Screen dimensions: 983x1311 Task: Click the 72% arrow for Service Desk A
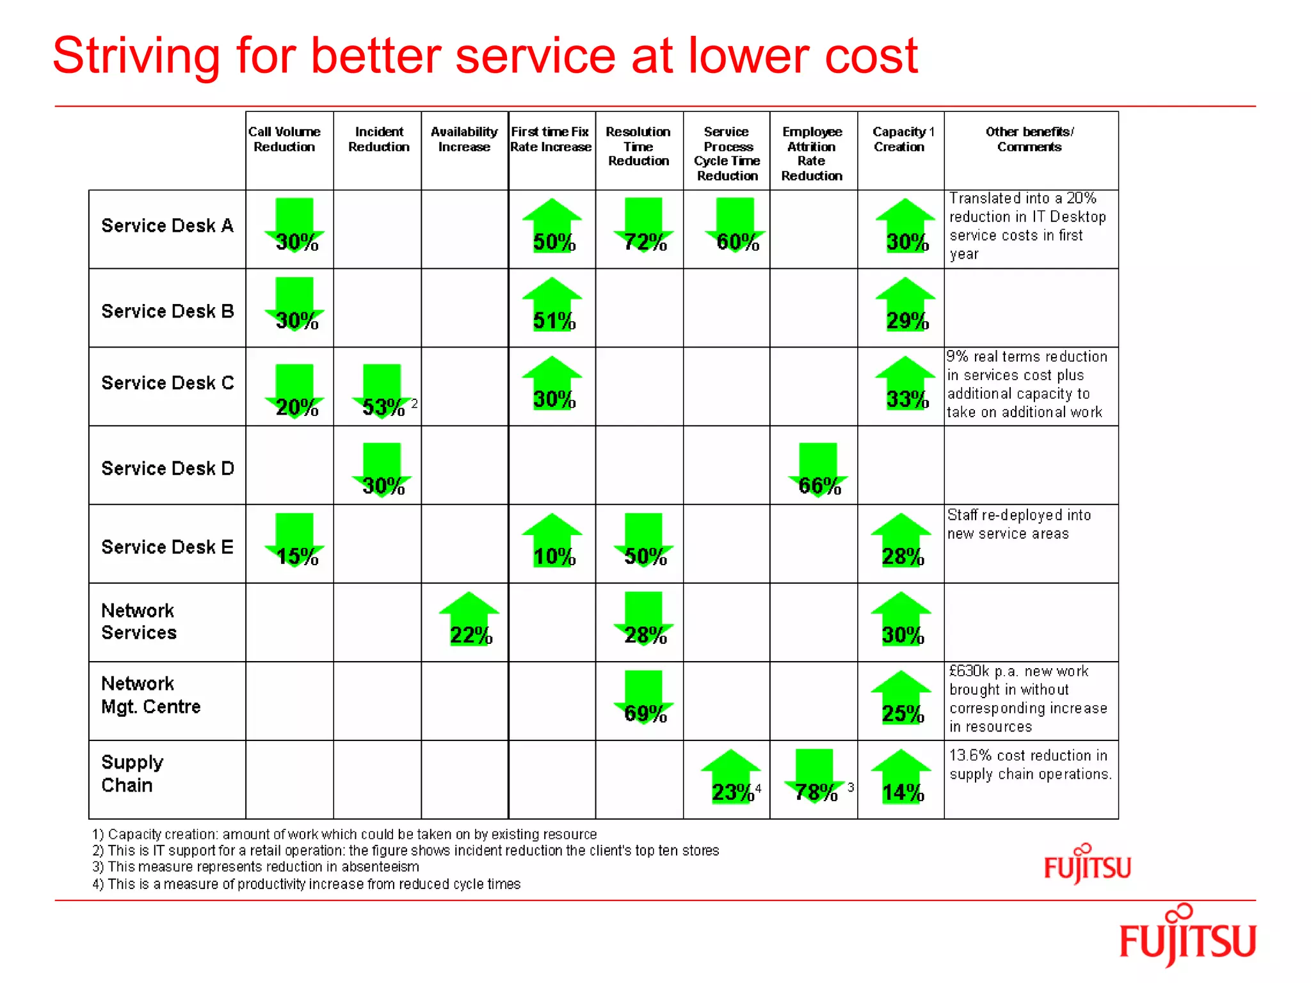[x=643, y=225]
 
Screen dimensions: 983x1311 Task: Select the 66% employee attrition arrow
[x=817, y=470]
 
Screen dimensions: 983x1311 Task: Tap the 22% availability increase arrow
[x=469, y=619]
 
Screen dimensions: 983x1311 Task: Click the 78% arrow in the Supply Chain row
[x=814, y=776]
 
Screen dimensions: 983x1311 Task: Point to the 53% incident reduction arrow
[x=382, y=391]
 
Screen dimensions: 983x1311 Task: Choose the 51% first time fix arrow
[x=552, y=304]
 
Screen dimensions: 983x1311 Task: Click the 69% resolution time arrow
[x=643, y=698]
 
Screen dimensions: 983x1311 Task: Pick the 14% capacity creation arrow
[x=901, y=776]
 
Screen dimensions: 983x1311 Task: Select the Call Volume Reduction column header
[x=284, y=140]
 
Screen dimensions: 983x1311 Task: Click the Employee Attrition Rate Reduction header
[x=812, y=154]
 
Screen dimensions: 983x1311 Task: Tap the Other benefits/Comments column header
[x=1029, y=140]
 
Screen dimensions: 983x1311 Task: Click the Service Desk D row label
[x=168, y=468]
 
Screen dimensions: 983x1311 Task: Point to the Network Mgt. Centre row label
[x=151, y=695]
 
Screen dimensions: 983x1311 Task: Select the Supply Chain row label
[x=133, y=774]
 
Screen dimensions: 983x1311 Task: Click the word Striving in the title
[x=136, y=56]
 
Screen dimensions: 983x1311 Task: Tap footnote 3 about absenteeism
[x=256, y=867]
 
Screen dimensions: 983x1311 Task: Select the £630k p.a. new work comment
[x=1028, y=699]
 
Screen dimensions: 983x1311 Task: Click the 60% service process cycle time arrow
[x=735, y=225]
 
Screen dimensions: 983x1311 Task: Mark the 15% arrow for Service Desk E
[x=294, y=540]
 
